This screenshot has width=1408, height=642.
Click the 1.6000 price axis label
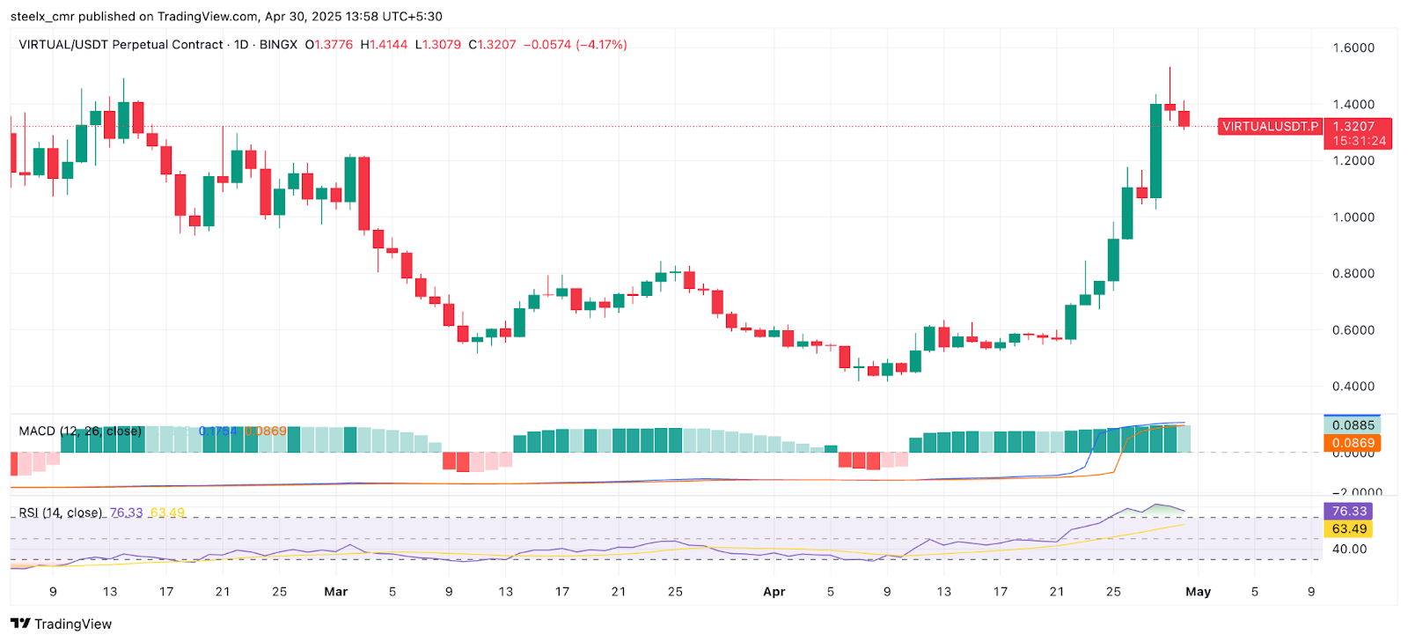point(1353,48)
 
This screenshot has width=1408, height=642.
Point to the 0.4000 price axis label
point(1353,387)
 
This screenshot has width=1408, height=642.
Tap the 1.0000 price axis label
point(1353,218)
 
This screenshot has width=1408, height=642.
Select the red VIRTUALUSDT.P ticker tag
point(1270,127)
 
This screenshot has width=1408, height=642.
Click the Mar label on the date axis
point(335,592)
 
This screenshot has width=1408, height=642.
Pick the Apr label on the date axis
point(774,592)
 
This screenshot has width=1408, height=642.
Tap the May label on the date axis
point(1198,592)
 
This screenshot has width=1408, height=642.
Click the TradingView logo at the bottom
point(62,624)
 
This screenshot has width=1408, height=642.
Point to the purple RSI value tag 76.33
point(1348,512)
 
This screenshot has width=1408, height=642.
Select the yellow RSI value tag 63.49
point(1348,529)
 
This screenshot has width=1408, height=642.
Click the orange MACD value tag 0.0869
point(1353,443)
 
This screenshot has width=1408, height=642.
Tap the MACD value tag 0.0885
point(1353,425)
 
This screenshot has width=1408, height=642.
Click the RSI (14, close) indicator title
point(61,513)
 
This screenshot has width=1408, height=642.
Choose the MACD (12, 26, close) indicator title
point(80,432)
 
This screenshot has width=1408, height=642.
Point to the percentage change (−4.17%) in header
point(601,45)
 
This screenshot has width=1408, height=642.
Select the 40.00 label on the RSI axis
point(1348,549)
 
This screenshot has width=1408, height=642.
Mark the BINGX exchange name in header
point(278,45)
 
